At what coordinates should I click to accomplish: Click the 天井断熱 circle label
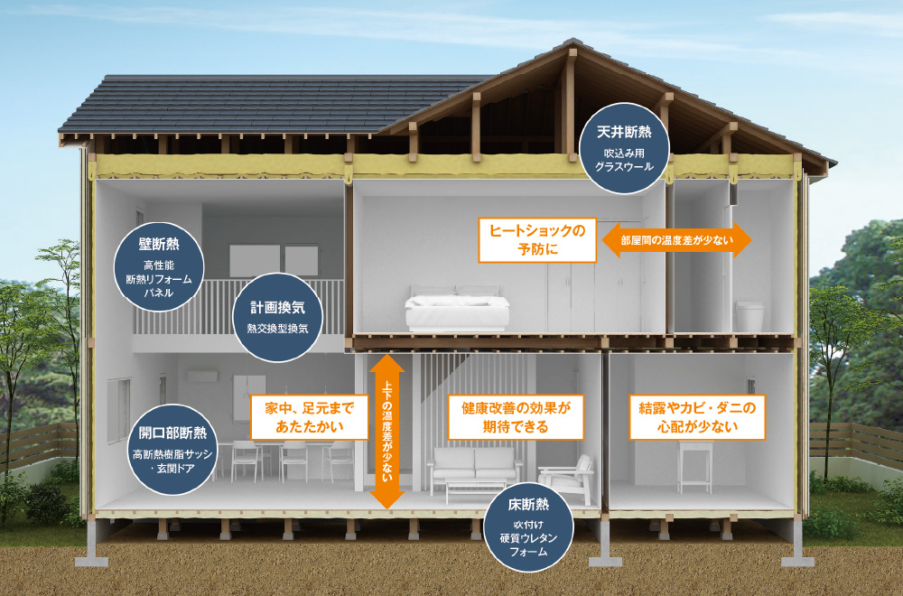point(624,148)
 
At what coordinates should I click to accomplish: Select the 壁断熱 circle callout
point(159,267)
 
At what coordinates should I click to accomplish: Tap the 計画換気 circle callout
point(277,317)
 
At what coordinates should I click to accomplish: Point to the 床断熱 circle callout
point(528,526)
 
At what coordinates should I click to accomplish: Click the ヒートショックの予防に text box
point(537,239)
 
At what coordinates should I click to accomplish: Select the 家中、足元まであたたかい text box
point(309,417)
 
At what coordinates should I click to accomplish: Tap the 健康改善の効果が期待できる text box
point(516,417)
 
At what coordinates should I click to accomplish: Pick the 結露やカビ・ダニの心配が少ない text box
point(697,417)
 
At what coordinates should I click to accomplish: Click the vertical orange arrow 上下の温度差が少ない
point(387,432)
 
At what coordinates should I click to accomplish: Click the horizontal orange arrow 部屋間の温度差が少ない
point(676,239)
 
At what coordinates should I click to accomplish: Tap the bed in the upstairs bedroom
point(457,310)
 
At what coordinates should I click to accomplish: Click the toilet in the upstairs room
point(749,316)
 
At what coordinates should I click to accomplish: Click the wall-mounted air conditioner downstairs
point(201,377)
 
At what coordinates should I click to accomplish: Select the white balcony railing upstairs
point(238,307)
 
